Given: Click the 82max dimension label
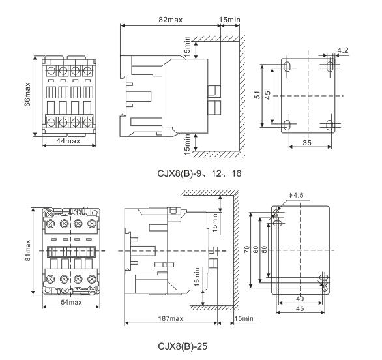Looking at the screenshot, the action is pos(170,20).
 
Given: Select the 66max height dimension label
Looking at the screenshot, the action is pos(27,95).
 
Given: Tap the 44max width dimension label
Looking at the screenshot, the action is pos(68,141).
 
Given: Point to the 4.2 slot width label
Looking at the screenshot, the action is pos(343,50).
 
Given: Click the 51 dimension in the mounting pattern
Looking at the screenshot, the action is pos(257,95).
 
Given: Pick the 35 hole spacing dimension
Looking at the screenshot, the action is pos(307,142).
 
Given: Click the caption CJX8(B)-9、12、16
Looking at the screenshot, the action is pos(199,173).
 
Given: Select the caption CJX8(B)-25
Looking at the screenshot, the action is pos(183,346).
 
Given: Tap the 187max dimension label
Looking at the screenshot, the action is pos(171,318).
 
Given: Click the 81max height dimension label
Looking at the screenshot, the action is pos(28,250).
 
